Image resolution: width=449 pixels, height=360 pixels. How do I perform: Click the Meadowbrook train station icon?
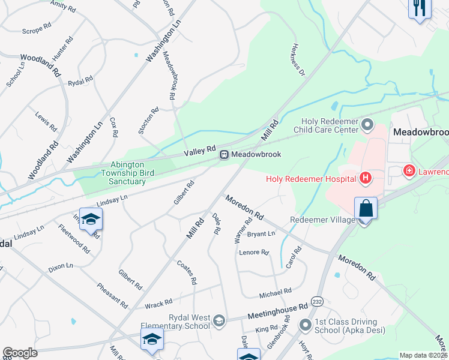(224, 155)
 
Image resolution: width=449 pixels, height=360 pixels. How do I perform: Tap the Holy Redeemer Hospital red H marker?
(364, 178)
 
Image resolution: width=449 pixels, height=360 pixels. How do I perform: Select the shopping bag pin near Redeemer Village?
(366, 209)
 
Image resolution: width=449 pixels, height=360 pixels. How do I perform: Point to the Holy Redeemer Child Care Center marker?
(367, 126)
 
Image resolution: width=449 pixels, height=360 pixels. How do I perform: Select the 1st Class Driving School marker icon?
(306, 325)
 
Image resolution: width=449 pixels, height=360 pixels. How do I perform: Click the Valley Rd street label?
(199, 150)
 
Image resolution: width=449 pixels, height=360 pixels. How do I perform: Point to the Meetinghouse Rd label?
(278, 313)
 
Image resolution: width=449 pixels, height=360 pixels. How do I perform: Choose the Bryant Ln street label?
(261, 233)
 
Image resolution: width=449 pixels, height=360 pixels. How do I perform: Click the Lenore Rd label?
(253, 253)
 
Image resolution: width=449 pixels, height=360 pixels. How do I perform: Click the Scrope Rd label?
(33, 31)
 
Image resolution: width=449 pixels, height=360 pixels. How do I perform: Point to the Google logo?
(20, 352)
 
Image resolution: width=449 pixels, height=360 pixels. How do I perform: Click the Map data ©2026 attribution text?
(423, 355)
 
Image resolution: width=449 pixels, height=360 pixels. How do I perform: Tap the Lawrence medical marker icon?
(409, 171)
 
